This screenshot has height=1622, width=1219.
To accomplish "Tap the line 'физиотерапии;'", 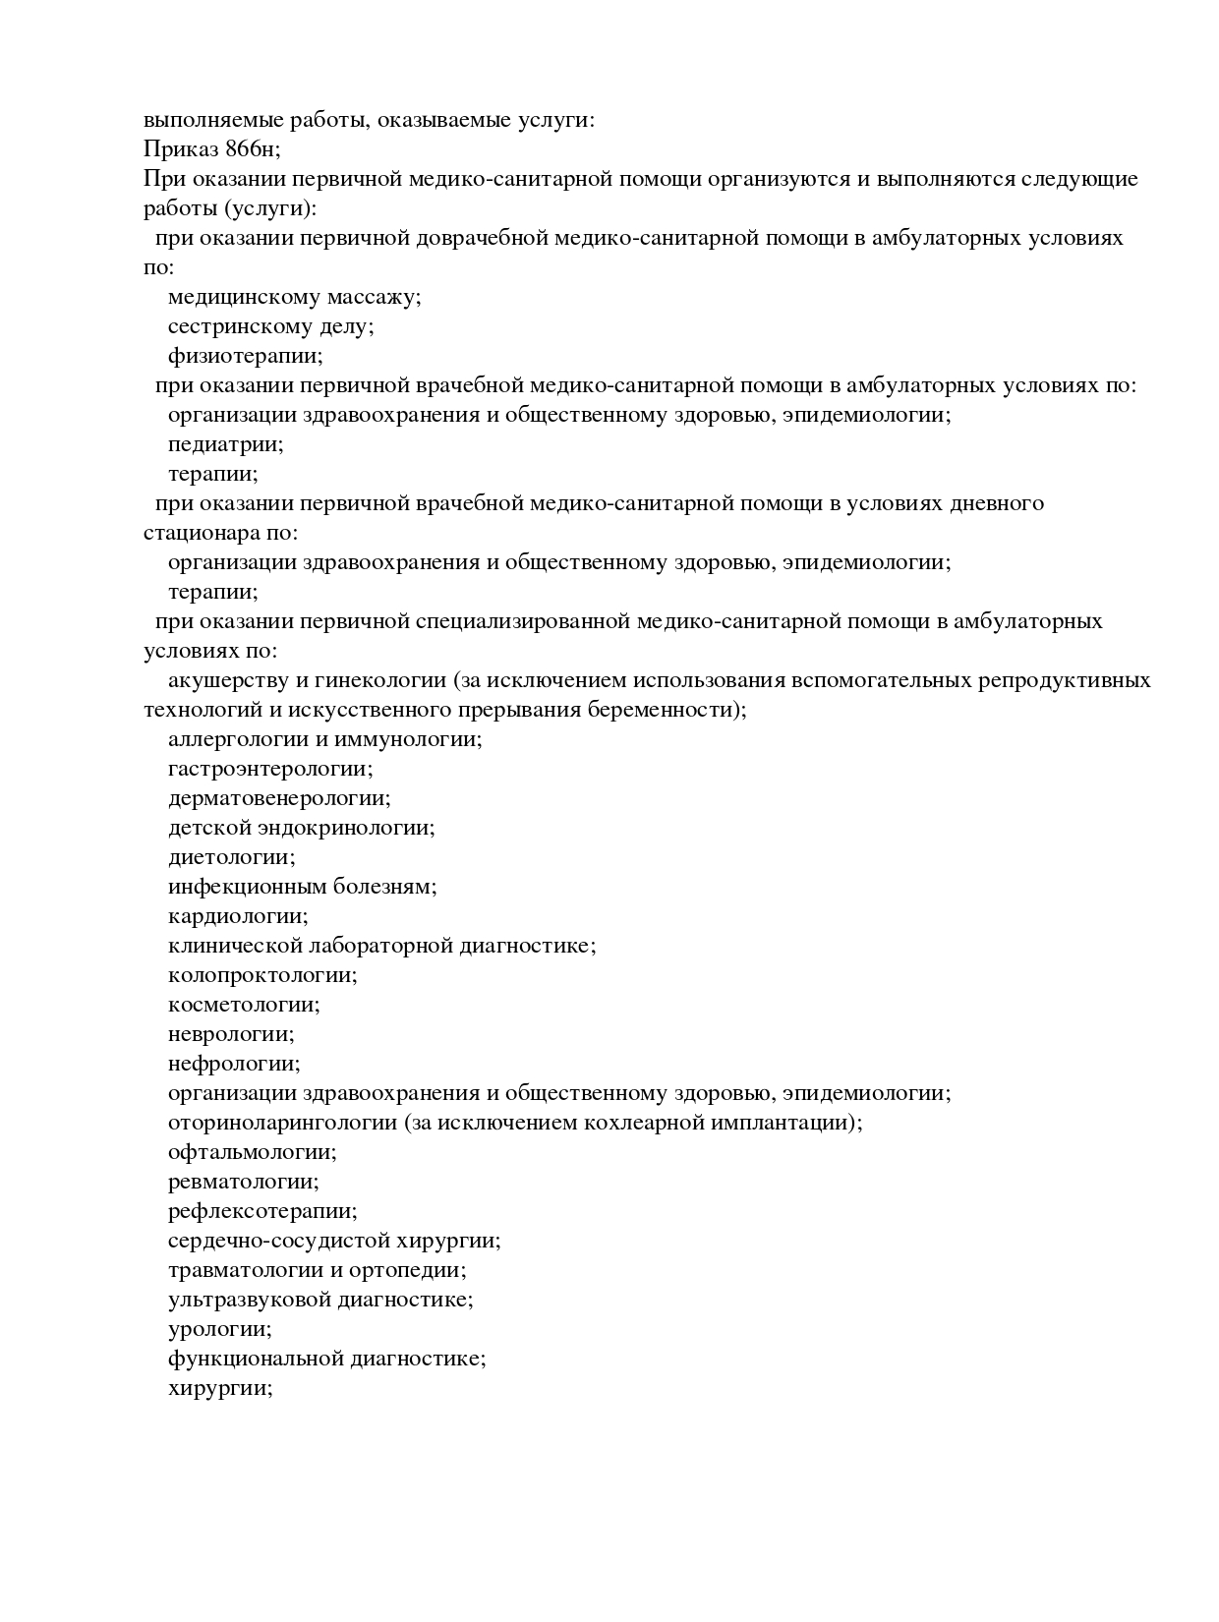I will click(x=245, y=356).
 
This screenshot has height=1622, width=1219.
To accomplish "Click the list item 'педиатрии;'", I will click(x=225, y=444).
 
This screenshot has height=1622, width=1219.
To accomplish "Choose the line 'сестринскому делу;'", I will click(x=270, y=326).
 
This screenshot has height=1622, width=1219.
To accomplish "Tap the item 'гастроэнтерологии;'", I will click(x=270, y=769).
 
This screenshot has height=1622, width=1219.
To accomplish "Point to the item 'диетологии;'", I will click(x=231, y=857).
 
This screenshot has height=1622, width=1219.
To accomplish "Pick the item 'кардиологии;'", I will click(x=238, y=916).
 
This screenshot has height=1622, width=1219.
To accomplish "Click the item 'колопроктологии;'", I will click(x=262, y=975).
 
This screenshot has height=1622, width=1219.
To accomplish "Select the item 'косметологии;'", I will click(x=244, y=1005).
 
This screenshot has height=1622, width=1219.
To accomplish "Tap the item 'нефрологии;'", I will click(x=234, y=1064).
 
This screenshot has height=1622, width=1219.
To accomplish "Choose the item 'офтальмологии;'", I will click(x=253, y=1152).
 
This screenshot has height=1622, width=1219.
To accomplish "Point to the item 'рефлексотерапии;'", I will click(x=262, y=1211).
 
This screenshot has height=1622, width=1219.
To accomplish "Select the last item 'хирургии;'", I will click(x=220, y=1388).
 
